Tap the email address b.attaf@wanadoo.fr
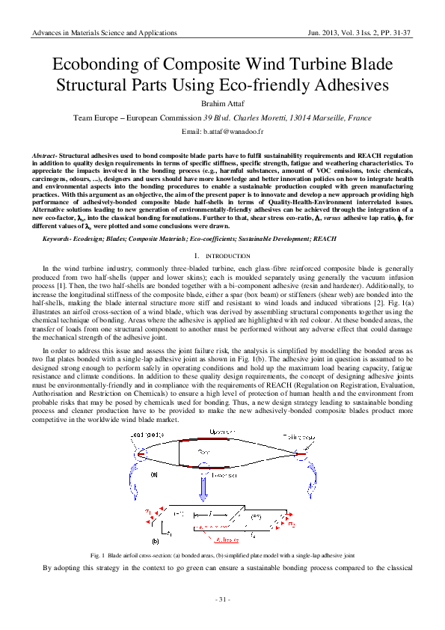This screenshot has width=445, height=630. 222,132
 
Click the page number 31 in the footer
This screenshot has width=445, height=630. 222,600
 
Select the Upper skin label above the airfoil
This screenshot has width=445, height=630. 221,433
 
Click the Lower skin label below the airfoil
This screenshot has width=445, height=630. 221,474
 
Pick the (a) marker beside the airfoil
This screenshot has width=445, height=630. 155,474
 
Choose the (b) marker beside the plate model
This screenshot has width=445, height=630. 155,540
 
